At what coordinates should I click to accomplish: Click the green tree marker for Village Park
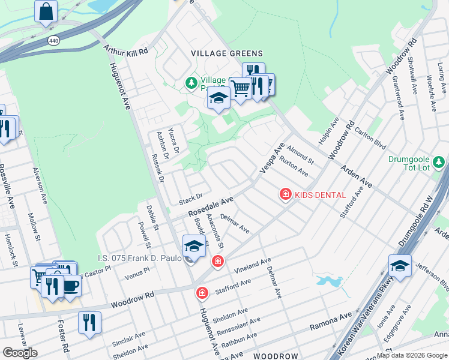[191, 83]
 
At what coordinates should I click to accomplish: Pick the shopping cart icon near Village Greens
[241, 88]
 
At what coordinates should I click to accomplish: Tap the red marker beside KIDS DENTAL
[285, 194]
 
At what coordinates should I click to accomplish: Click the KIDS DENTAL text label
[320, 195]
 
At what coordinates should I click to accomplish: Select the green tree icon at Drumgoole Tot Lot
[439, 162]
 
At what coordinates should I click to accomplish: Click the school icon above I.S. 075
[194, 247]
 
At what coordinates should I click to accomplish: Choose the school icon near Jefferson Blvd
[400, 265]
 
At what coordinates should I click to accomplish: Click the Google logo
[19, 353]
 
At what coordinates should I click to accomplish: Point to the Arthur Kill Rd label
[125, 52]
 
